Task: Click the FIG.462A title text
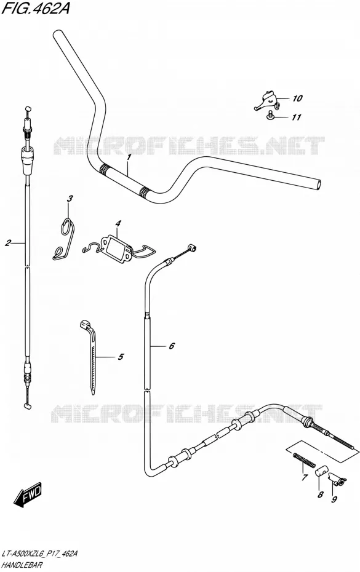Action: coord(35,8)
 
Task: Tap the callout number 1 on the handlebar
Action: coord(129,157)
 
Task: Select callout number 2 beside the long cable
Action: coord(8,243)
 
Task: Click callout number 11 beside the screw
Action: coord(296,117)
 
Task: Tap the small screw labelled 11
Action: coord(270,115)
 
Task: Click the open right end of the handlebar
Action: coord(319,184)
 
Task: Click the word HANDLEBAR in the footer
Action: coord(22,565)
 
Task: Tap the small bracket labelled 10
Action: coord(268,99)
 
